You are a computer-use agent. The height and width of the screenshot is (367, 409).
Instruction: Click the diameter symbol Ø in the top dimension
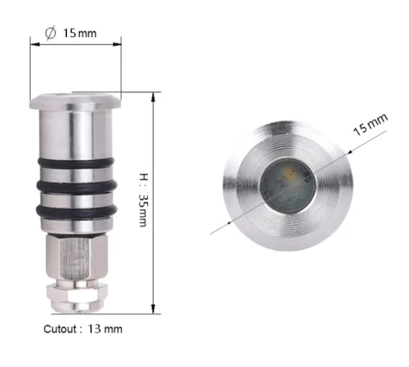coord(51,33)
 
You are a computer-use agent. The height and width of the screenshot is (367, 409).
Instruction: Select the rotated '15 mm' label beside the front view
coord(370,124)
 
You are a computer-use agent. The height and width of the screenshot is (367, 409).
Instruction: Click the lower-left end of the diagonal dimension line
coord(211,234)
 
